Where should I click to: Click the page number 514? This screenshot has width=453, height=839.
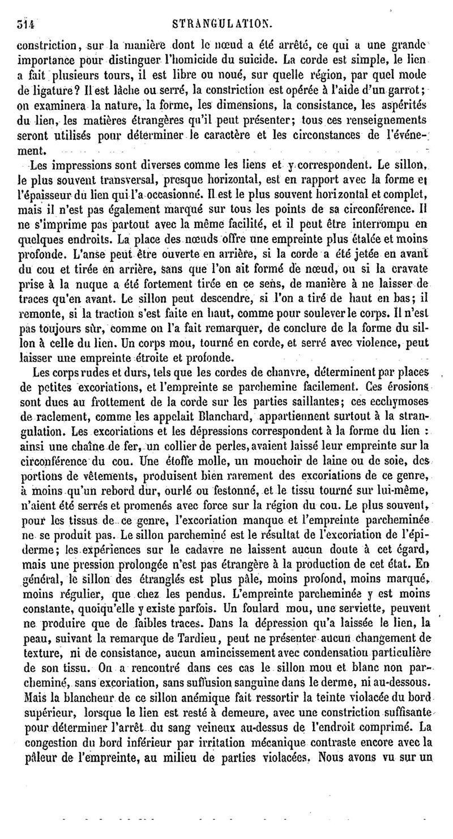click(26, 24)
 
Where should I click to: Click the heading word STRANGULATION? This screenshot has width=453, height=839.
click(225, 24)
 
